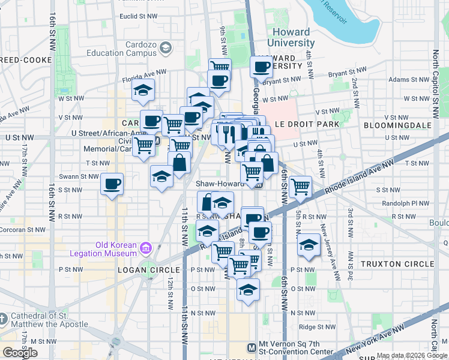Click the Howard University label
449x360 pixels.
[x=291, y=38]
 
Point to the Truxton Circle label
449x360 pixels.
[x=397, y=264]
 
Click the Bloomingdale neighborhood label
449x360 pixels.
[x=398, y=125]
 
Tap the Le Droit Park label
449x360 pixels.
[x=307, y=124]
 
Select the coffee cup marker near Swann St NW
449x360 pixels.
[x=112, y=184]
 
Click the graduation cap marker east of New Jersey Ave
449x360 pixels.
[x=309, y=245]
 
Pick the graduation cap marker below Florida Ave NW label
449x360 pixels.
[x=143, y=91]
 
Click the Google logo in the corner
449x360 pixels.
[x=20, y=353]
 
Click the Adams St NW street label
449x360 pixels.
[x=406, y=79]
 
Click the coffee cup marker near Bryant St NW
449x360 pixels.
[x=261, y=67]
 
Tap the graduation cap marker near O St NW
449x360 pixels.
[x=247, y=290]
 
